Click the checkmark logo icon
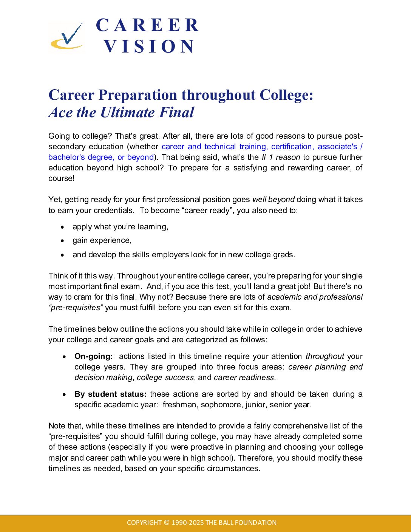point(67,36)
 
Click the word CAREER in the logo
point(147,25)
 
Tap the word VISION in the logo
point(149,46)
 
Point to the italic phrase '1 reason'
point(284,157)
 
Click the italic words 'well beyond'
point(273,199)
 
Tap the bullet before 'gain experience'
point(63,241)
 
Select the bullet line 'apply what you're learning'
point(120,227)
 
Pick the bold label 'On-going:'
point(94,356)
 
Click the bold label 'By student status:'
point(110,394)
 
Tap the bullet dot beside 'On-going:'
point(65,356)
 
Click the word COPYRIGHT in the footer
point(144,523)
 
